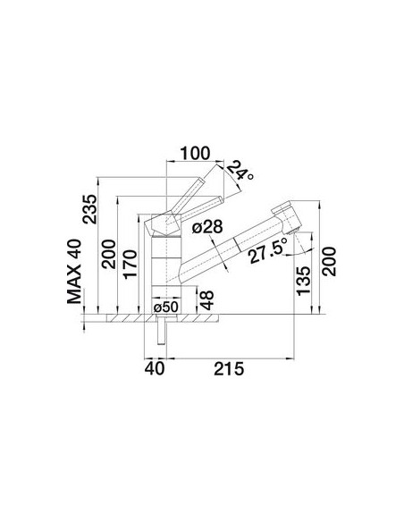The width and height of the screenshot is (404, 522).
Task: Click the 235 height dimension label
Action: [90, 209]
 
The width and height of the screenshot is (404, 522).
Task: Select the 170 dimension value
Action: [130, 264]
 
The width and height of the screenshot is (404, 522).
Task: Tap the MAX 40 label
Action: [74, 272]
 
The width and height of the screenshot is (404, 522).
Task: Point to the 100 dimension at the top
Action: [195, 153]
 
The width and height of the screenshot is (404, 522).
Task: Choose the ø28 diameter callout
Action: [207, 227]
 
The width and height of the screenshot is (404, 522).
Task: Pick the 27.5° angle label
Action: [268, 250]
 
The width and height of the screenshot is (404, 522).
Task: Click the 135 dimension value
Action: [303, 281]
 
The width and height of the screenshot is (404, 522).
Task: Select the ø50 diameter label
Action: [166, 307]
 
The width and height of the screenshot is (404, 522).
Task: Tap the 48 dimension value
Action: [206, 300]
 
